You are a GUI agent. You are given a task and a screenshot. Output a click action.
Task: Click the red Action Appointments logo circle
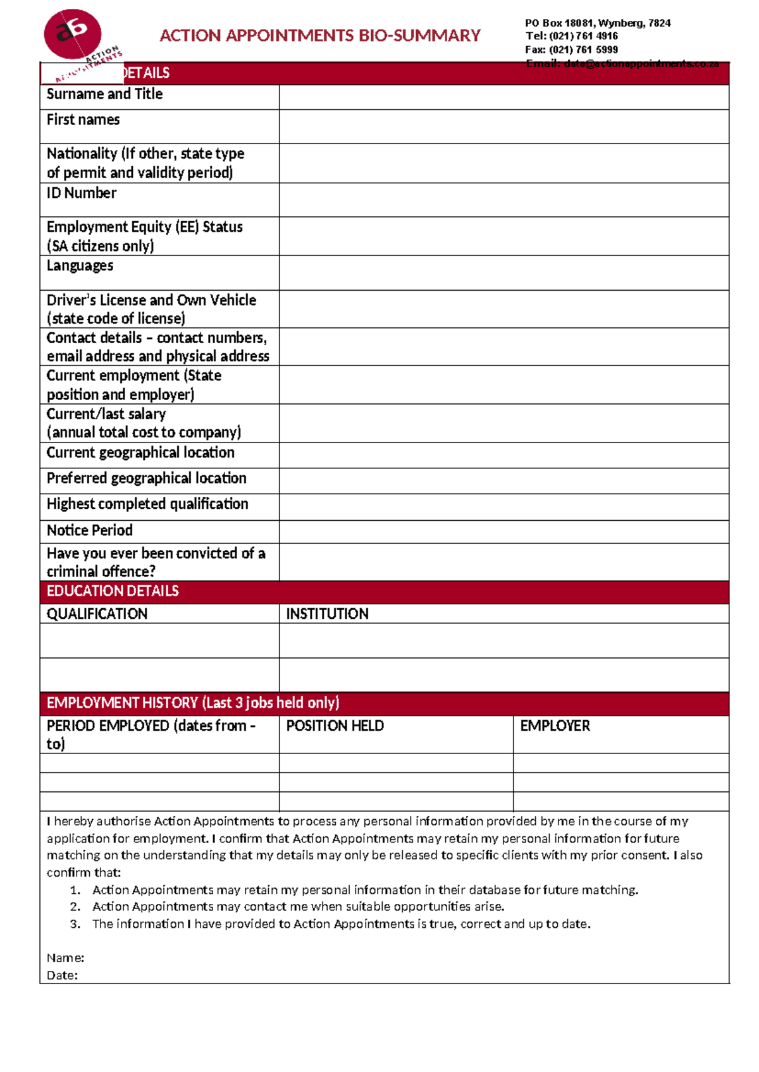coord(72,34)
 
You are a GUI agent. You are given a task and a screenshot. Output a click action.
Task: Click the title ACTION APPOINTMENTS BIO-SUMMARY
coord(320,35)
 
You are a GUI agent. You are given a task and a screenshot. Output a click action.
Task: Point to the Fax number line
coord(571,49)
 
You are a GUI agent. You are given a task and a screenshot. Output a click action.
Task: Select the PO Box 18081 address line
coord(597,23)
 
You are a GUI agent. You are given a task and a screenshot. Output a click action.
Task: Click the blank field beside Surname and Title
coord(503,97)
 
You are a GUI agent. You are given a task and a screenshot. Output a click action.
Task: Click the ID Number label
coord(82,193)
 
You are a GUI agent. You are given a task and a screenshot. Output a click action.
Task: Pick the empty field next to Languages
coord(503,272)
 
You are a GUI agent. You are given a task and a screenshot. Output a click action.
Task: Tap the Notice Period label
coord(90,530)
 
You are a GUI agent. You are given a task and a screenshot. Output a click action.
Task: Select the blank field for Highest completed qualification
coord(503,507)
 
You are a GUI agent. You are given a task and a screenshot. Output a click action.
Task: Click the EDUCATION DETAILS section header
coord(113,591)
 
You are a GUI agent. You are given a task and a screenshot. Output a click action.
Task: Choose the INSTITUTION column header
coord(327,614)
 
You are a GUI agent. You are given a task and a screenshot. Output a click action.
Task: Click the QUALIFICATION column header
coord(97,614)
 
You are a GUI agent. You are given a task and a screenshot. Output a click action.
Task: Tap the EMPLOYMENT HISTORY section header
coord(193,703)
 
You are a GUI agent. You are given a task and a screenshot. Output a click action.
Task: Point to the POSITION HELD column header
coord(335,726)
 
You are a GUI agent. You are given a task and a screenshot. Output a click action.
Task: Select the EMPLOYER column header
coord(555,726)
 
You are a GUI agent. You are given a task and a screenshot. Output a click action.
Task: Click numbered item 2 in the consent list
coord(298,906)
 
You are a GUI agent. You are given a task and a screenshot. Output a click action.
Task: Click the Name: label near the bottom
coord(65,958)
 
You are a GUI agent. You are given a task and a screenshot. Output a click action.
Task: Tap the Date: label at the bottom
coord(62,975)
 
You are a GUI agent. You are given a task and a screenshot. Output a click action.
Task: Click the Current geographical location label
coord(140,453)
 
